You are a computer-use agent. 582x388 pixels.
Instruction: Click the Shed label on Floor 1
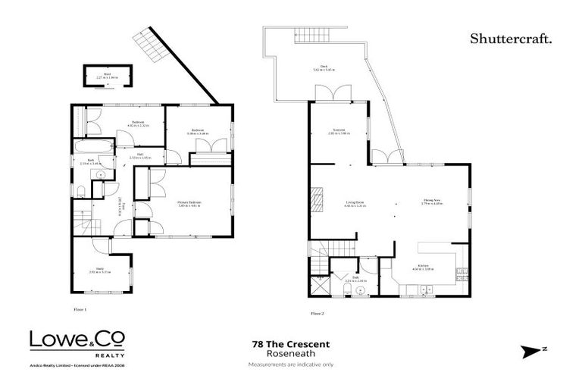pos(107,75)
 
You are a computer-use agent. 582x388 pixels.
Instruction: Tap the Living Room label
pos(355,204)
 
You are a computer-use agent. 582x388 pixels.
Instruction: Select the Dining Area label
pos(433,203)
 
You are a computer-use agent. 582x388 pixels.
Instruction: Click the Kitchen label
pos(421,268)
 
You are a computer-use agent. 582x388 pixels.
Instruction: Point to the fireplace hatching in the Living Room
pos(320,199)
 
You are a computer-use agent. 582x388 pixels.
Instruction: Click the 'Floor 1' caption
pos(80,309)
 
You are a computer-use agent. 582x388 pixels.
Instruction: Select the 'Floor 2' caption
pos(317,313)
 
